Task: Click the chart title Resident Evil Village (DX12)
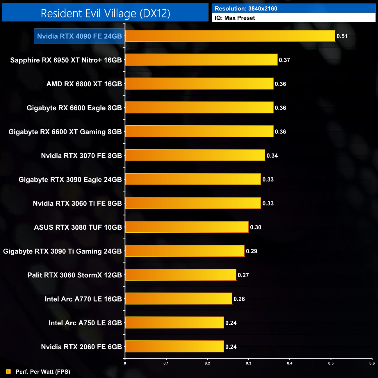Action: click(x=105, y=13)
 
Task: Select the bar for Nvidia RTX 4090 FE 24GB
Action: click(x=230, y=36)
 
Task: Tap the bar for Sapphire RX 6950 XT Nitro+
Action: click(x=201, y=60)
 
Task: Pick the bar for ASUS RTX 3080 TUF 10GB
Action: click(x=187, y=227)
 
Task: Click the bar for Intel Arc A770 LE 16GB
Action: click(x=179, y=299)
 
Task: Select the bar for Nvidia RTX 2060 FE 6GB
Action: click(x=174, y=346)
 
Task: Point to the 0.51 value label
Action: click(x=342, y=36)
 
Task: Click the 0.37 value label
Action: click(x=284, y=60)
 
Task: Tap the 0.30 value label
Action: click(x=256, y=227)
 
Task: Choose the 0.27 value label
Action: click(x=243, y=275)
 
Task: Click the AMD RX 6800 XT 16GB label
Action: click(x=84, y=84)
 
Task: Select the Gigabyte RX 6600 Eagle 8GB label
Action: click(x=74, y=108)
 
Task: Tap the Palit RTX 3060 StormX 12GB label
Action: click(x=74, y=275)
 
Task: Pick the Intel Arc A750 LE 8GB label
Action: click(x=85, y=323)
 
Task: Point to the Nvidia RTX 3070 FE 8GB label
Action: click(x=81, y=156)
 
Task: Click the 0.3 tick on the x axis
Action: click(x=249, y=363)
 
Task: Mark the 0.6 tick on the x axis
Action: click(x=372, y=363)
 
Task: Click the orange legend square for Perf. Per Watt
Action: click(x=9, y=372)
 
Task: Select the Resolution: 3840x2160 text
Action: click(x=246, y=9)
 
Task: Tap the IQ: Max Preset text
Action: click(x=235, y=18)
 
